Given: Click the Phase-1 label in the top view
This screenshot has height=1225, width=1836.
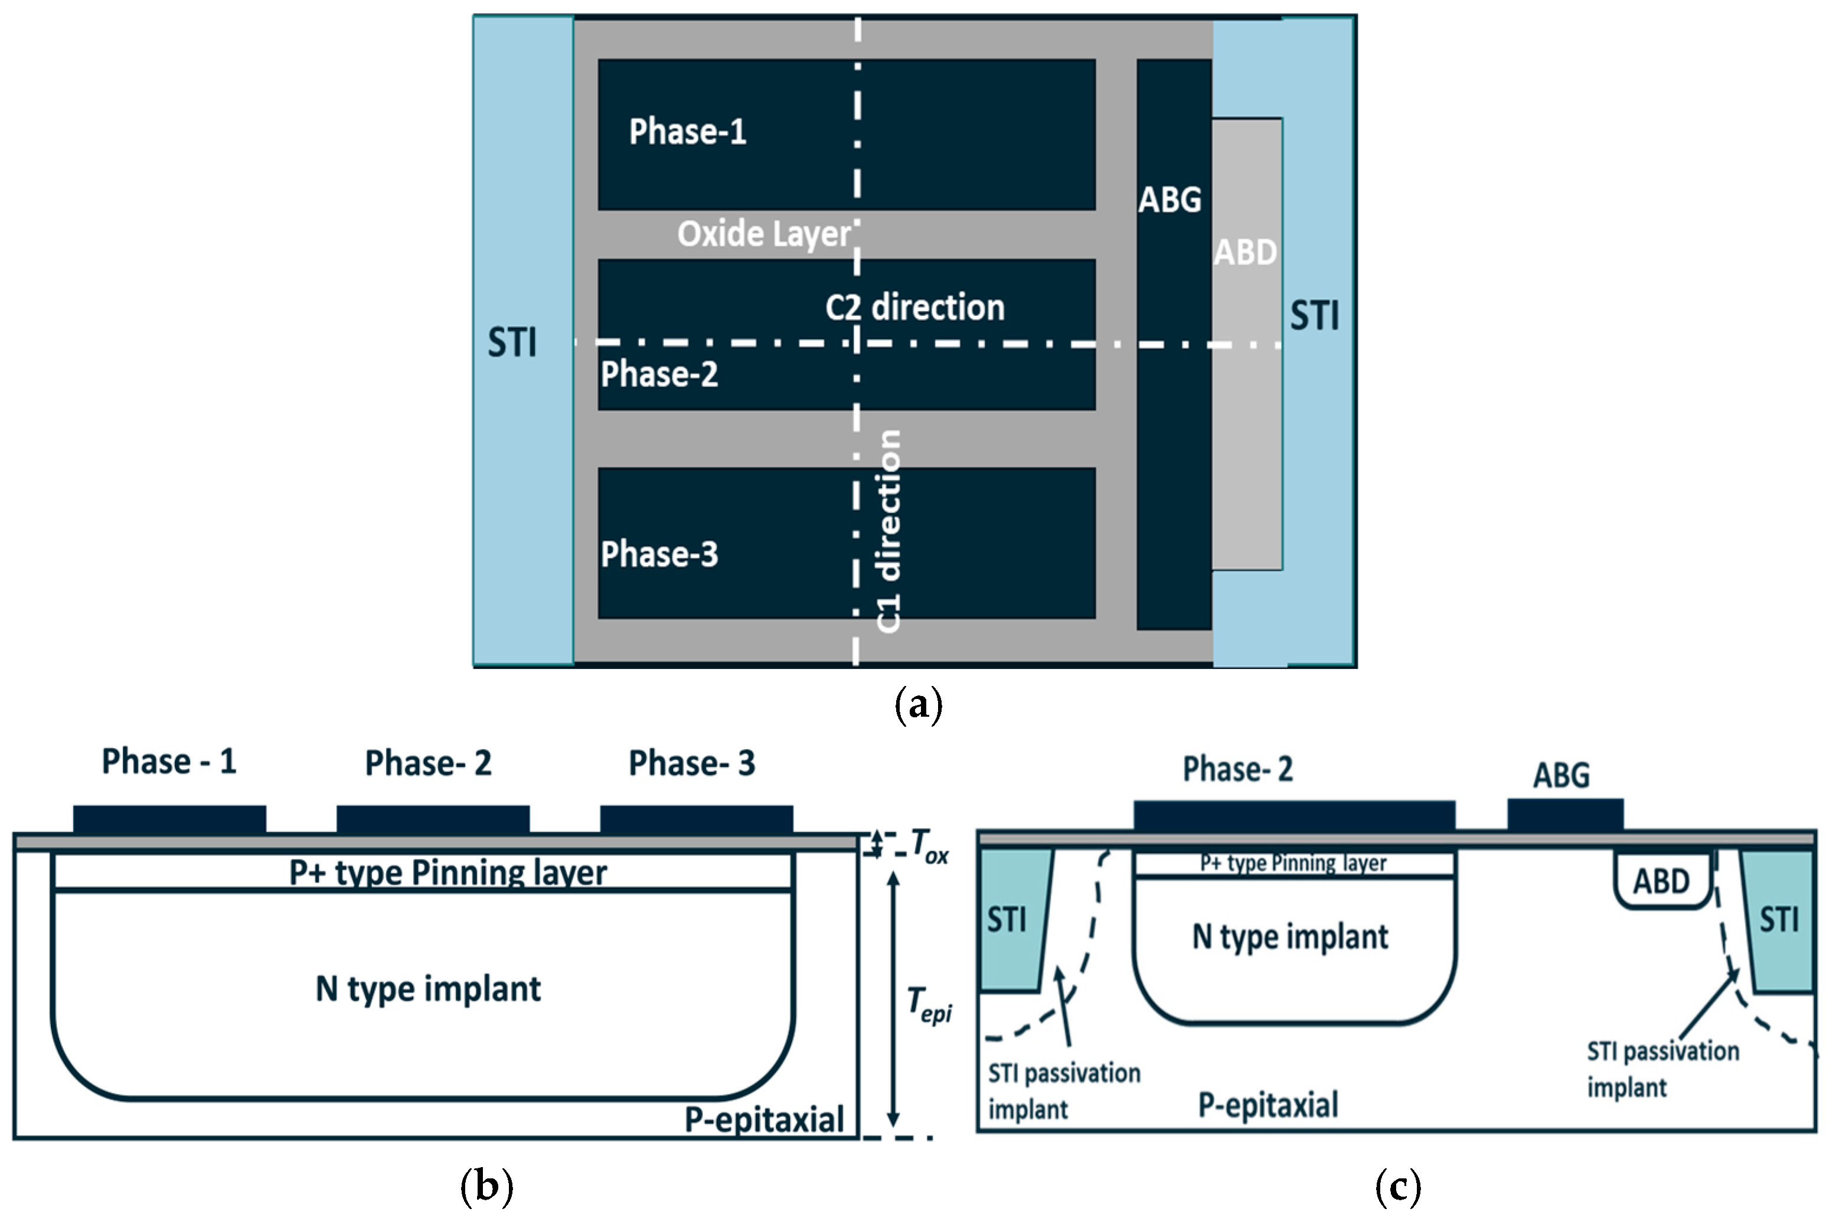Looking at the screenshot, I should click(x=688, y=131).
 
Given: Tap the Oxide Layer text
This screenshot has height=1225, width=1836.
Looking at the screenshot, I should click(x=763, y=234).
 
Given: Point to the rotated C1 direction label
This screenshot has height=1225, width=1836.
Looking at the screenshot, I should click(x=888, y=531).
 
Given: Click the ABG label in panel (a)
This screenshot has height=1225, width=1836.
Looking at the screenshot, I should click(x=1169, y=200).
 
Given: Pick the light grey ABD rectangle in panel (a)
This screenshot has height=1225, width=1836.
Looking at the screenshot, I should click(x=1247, y=406).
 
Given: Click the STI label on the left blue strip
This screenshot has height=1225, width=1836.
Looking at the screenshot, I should click(x=512, y=342).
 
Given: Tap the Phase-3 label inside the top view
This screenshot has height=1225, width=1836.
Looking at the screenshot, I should click(x=659, y=554).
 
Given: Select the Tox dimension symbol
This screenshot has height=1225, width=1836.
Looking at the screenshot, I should click(x=930, y=846).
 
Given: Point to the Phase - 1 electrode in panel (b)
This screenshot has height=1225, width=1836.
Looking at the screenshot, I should click(x=169, y=819).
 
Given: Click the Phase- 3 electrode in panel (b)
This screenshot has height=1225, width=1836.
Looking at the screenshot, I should click(x=696, y=819).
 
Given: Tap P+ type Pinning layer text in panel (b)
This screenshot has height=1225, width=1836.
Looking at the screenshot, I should click(x=447, y=873).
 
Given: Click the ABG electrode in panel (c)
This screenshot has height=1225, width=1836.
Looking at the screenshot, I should click(x=1565, y=815).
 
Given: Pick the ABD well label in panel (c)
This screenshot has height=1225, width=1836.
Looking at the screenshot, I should click(x=1662, y=882).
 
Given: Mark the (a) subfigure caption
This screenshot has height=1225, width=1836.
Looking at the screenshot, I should click(x=918, y=705).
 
